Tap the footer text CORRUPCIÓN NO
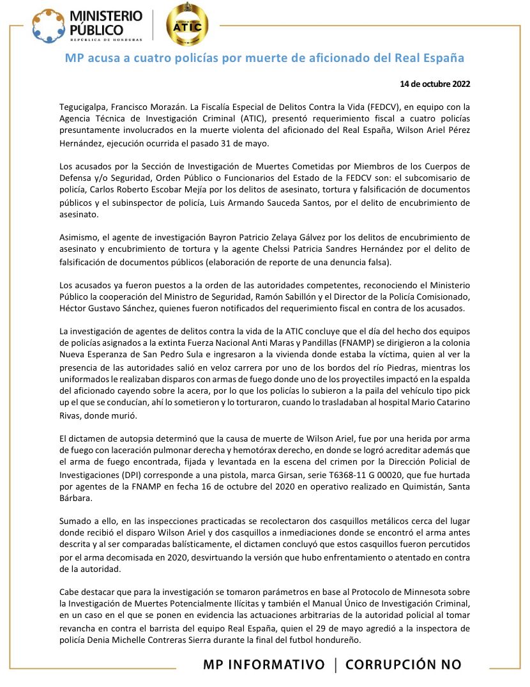click(403, 665)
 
